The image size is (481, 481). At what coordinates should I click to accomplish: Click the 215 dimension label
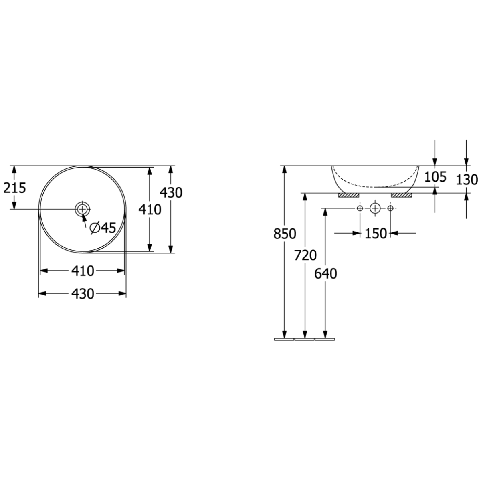15,188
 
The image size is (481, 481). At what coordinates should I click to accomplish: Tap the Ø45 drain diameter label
103,228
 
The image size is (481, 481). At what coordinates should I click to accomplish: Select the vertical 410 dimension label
150,209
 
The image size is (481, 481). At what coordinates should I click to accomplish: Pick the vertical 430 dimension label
171,193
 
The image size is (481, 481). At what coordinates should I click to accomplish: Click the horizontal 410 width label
83,271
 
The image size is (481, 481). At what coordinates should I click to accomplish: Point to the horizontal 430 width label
83,294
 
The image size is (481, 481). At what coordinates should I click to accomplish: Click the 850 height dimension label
285,234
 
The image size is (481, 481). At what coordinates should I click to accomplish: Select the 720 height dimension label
305,255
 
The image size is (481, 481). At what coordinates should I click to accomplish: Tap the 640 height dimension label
325,274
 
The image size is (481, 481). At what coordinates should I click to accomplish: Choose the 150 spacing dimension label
376,234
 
